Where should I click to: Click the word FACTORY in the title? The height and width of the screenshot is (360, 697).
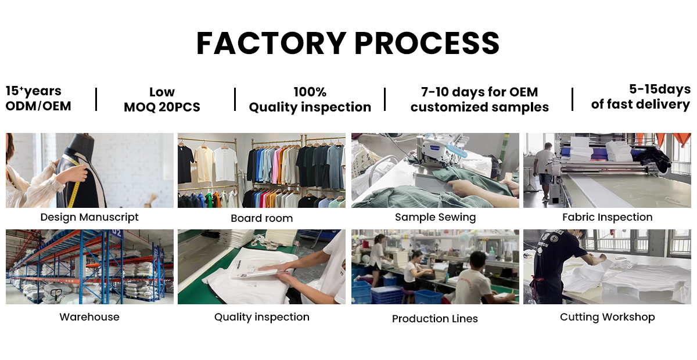(270, 44)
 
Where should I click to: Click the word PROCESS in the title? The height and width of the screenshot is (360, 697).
(427, 44)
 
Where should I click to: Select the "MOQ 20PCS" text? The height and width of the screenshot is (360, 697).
(162, 107)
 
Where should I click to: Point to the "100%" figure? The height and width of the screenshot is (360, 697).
(310, 92)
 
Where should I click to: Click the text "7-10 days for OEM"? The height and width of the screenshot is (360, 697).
(479, 92)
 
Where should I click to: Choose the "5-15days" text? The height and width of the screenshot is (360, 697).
(660, 89)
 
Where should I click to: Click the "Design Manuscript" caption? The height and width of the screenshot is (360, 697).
(89, 217)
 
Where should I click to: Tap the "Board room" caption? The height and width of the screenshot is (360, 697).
(261, 218)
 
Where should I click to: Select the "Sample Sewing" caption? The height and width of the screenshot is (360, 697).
(435, 217)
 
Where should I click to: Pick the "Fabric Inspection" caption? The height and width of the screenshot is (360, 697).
(607, 217)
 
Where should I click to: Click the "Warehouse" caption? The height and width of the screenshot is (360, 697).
(89, 317)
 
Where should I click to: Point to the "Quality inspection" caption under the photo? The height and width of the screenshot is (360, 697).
(261, 317)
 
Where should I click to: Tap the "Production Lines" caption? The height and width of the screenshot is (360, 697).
(435, 319)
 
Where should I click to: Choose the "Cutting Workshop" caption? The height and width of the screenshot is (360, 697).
(607, 317)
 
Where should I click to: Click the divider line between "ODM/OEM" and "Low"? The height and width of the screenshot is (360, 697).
(96, 99)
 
